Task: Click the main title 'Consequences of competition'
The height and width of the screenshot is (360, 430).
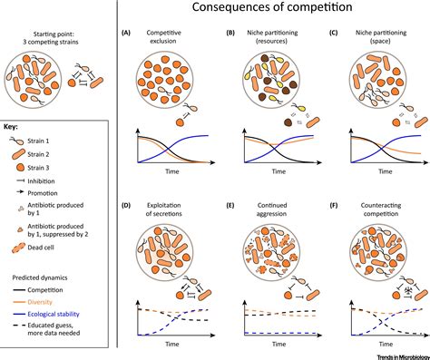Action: point(271,11)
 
